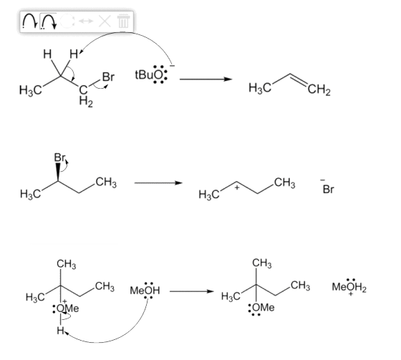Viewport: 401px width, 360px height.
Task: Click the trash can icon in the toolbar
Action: (x=123, y=21)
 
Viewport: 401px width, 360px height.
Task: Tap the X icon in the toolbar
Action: (x=105, y=21)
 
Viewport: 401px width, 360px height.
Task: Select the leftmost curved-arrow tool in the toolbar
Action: (x=30, y=21)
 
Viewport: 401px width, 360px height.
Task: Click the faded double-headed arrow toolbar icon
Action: (x=86, y=21)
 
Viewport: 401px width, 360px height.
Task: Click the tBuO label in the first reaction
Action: (x=149, y=75)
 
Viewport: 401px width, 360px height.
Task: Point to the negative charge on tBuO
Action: (x=173, y=66)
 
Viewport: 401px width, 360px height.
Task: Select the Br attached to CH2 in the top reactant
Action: (x=108, y=77)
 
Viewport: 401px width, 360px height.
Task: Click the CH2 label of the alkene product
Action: (x=319, y=90)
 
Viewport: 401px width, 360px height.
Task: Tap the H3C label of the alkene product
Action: (x=259, y=88)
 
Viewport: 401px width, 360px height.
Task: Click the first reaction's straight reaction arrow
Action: (x=206, y=79)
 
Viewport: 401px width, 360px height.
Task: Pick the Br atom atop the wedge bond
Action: (x=59, y=157)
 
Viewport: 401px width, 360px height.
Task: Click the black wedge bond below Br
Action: (x=58, y=172)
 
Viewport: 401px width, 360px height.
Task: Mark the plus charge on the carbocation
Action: (x=237, y=188)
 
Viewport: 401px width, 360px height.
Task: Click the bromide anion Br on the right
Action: (x=329, y=190)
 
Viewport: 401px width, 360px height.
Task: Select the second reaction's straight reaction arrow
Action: (x=158, y=183)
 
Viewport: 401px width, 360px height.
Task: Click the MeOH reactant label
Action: (x=145, y=291)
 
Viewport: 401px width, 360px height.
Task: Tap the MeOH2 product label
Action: (x=349, y=287)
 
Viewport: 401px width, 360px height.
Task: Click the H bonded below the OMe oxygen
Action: (x=60, y=331)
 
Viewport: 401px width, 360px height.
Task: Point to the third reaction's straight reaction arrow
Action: (x=192, y=291)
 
